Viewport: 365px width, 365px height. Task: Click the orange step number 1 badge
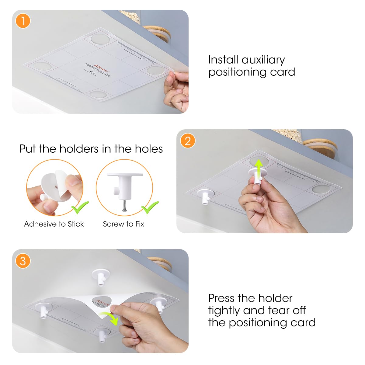coord(23,21)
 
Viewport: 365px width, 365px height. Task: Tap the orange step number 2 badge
coord(187,141)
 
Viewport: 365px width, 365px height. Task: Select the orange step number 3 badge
coord(23,261)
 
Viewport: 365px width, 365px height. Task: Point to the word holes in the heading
coord(149,149)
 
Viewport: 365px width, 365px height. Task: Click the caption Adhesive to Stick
coord(54,224)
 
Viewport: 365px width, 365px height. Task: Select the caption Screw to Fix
coord(123,224)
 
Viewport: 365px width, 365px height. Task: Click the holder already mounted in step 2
coord(204,195)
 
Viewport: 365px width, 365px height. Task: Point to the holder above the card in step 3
coord(101,276)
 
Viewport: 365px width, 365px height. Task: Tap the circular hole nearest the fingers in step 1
coord(155,70)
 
